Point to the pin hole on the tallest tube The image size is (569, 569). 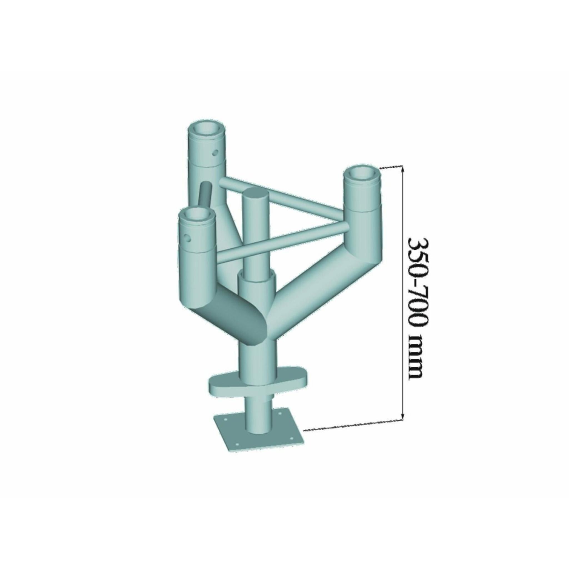coord(216,153)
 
